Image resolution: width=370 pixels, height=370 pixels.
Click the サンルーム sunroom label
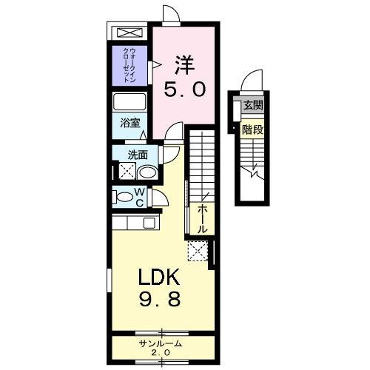pos(160,344)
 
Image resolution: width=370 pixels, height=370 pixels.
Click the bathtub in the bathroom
pos(130,102)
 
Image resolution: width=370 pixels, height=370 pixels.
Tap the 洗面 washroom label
pos(137,155)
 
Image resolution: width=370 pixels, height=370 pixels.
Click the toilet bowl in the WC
pos(121,198)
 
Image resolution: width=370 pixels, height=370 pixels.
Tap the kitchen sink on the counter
pos(149,223)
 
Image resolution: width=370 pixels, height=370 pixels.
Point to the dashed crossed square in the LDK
pos(198,251)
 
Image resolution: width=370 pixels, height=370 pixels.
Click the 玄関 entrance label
pos(253,107)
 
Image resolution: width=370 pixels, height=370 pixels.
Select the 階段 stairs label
pos(253,130)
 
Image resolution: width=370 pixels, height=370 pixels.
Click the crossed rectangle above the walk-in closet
pos(130,34)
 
